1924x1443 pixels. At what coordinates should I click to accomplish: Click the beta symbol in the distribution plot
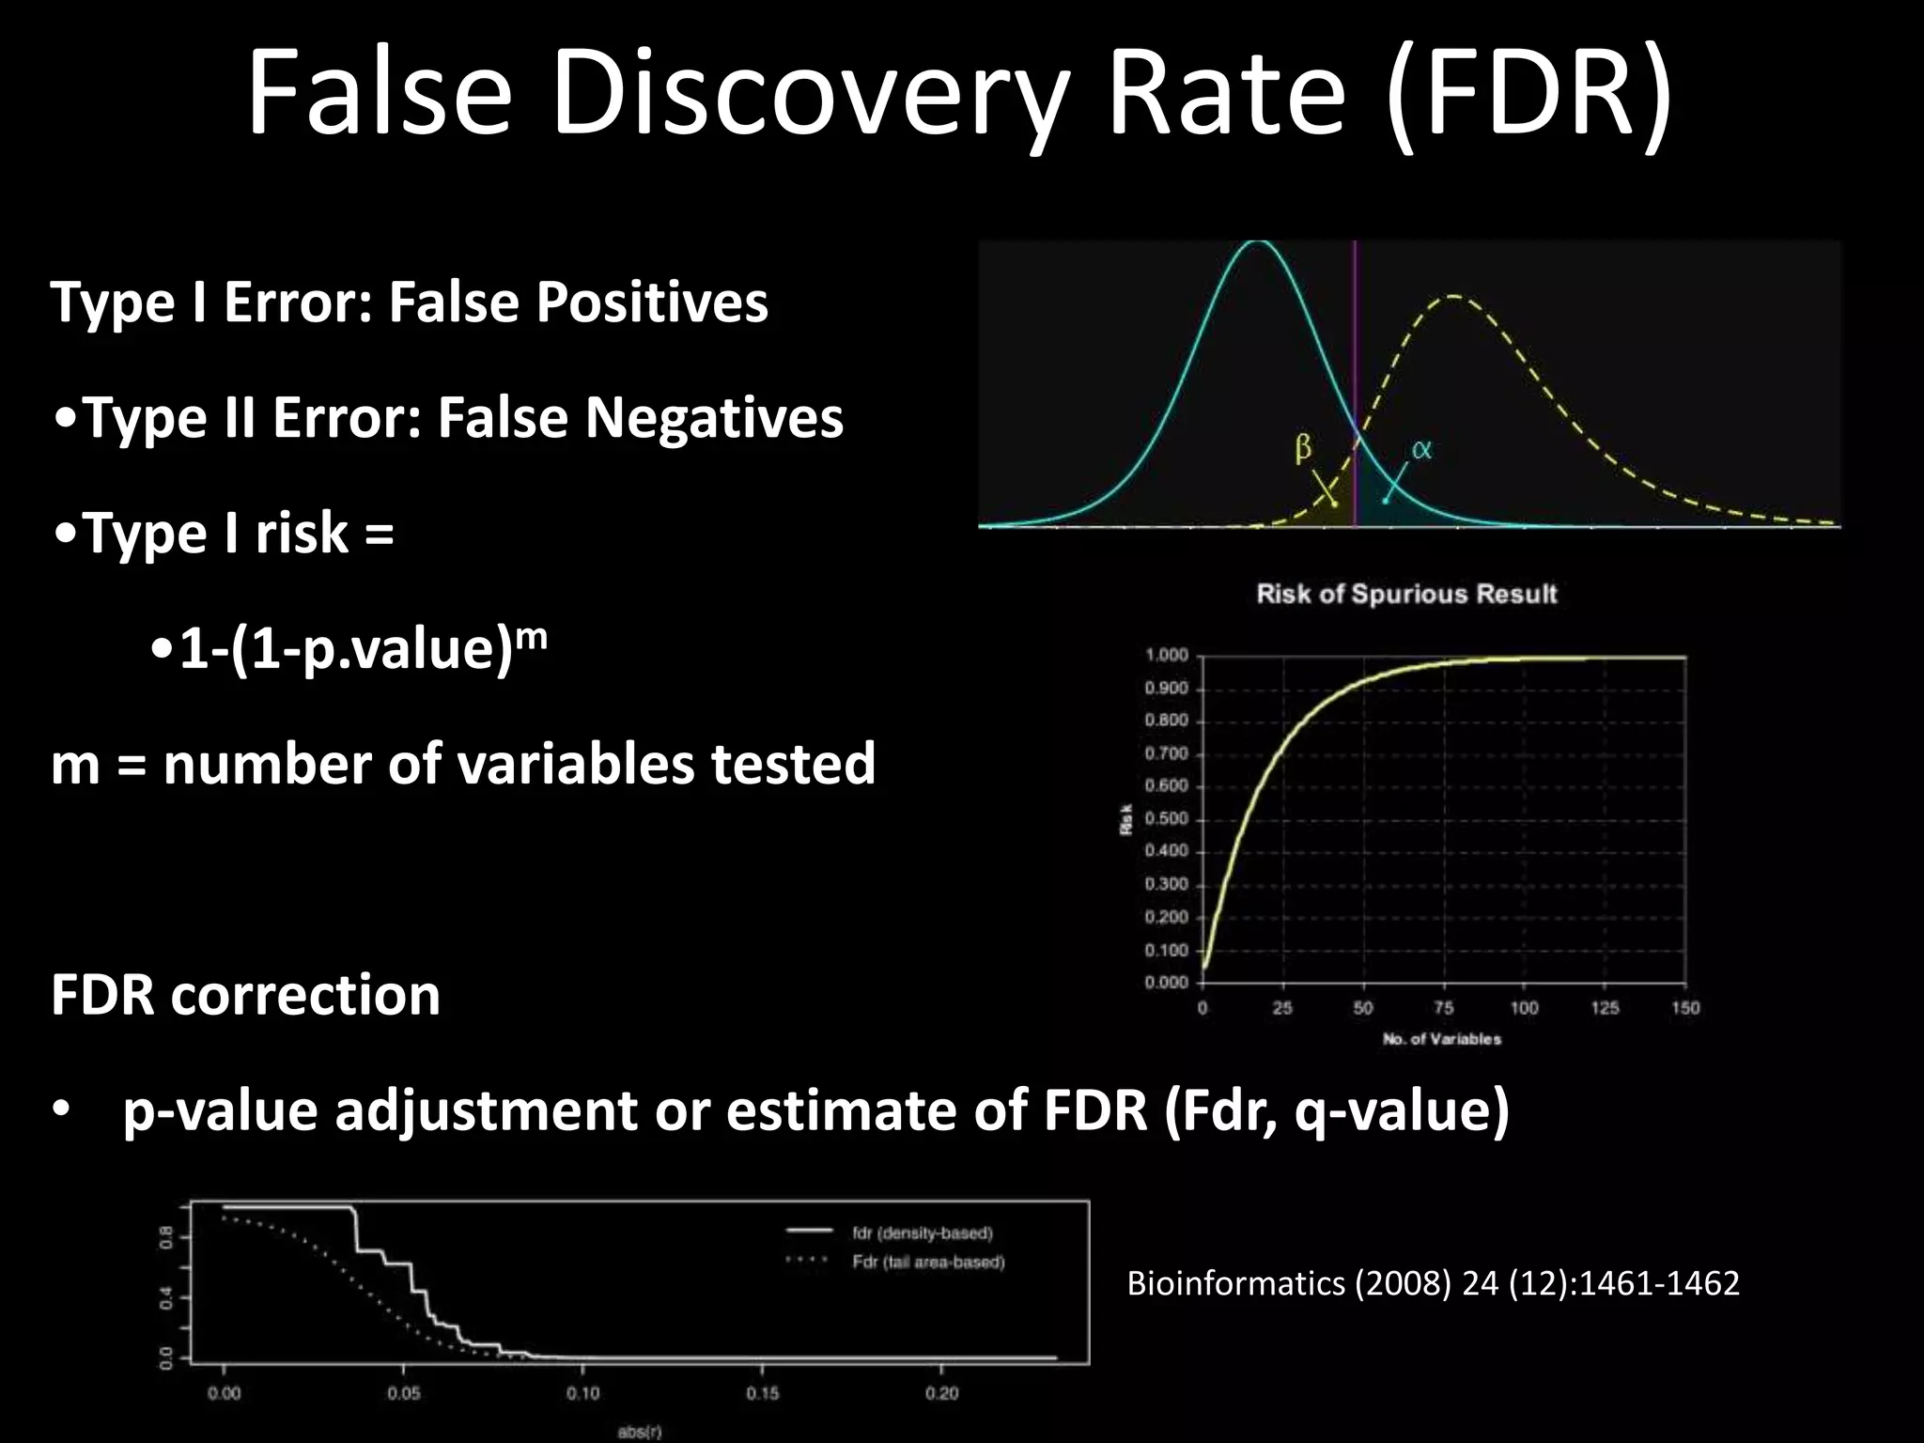click(1303, 448)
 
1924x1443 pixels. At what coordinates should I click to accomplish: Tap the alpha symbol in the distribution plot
click(1421, 450)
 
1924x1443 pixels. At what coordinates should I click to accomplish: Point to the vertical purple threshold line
click(1355, 376)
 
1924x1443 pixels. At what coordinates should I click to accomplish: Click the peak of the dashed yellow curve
click(1454, 297)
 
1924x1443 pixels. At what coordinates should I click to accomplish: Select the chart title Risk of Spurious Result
click(1406, 594)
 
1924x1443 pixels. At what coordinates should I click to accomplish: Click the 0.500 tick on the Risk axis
click(1166, 818)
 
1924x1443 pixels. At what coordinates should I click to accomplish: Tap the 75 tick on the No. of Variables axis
click(1444, 1008)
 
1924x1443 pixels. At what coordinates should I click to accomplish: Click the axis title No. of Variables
click(1441, 1039)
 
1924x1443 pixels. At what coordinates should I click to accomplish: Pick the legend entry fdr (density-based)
click(922, 1233)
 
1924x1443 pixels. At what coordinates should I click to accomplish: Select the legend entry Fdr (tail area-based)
click(928, 1262)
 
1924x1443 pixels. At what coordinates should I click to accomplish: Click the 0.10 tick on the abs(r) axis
click(582, 1393)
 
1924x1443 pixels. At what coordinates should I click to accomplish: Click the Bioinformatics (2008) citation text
click(1433, 1283)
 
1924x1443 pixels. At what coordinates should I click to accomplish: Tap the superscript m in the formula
click(532, 634)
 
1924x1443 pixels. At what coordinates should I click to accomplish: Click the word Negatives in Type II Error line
click(714, 418)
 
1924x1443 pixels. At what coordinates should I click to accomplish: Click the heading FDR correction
click(245, 994)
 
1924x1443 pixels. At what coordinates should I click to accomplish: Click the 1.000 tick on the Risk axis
click(1166, 655)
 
